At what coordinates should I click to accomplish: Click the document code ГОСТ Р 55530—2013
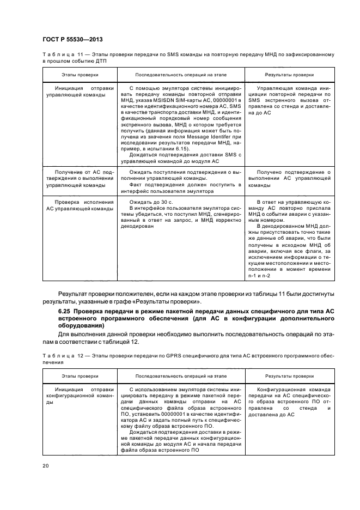72,40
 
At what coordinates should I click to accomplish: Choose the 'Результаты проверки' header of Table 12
289,376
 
